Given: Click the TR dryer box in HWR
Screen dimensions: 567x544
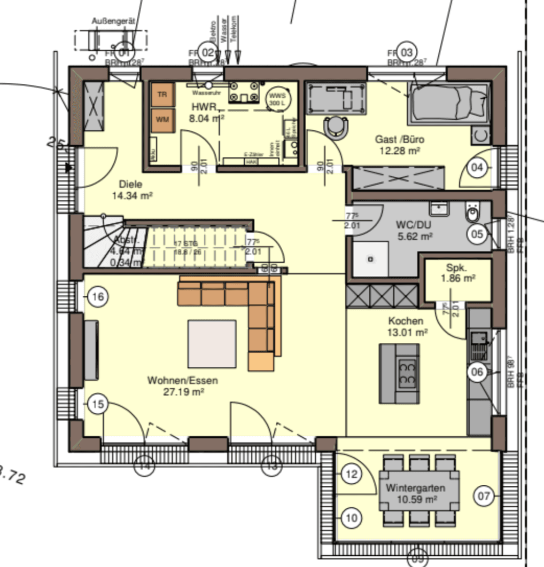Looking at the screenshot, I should click(x=162, y=94).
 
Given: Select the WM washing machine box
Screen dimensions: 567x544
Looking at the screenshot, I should click(x=162, y=120).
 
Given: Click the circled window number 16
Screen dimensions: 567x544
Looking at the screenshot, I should click(x=97, y=297).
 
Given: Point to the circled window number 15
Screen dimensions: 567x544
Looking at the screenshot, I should click(x=97, y=404).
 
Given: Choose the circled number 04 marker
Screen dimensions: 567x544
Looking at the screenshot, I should click(x=477, y=168).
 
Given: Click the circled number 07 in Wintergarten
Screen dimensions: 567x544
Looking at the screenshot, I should click(x=484, y=497).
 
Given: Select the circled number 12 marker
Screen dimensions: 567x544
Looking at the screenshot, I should click(x=351, y=474).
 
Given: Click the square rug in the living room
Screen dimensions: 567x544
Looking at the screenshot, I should click(x=212, y=344).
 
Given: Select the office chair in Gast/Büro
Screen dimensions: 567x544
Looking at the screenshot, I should click(x=337, y=127).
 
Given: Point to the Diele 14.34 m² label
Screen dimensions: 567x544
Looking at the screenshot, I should click(x=132, y=190).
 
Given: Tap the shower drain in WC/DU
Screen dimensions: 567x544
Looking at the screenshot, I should click(x=370, y=259).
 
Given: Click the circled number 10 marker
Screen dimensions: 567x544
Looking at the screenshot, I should click(x=351, y=517).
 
